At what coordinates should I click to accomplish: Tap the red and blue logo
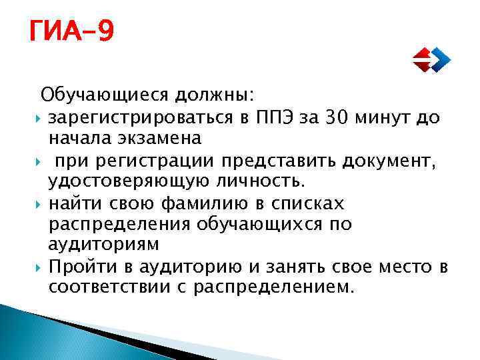point(431,59)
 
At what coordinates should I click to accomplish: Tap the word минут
point(386,119)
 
